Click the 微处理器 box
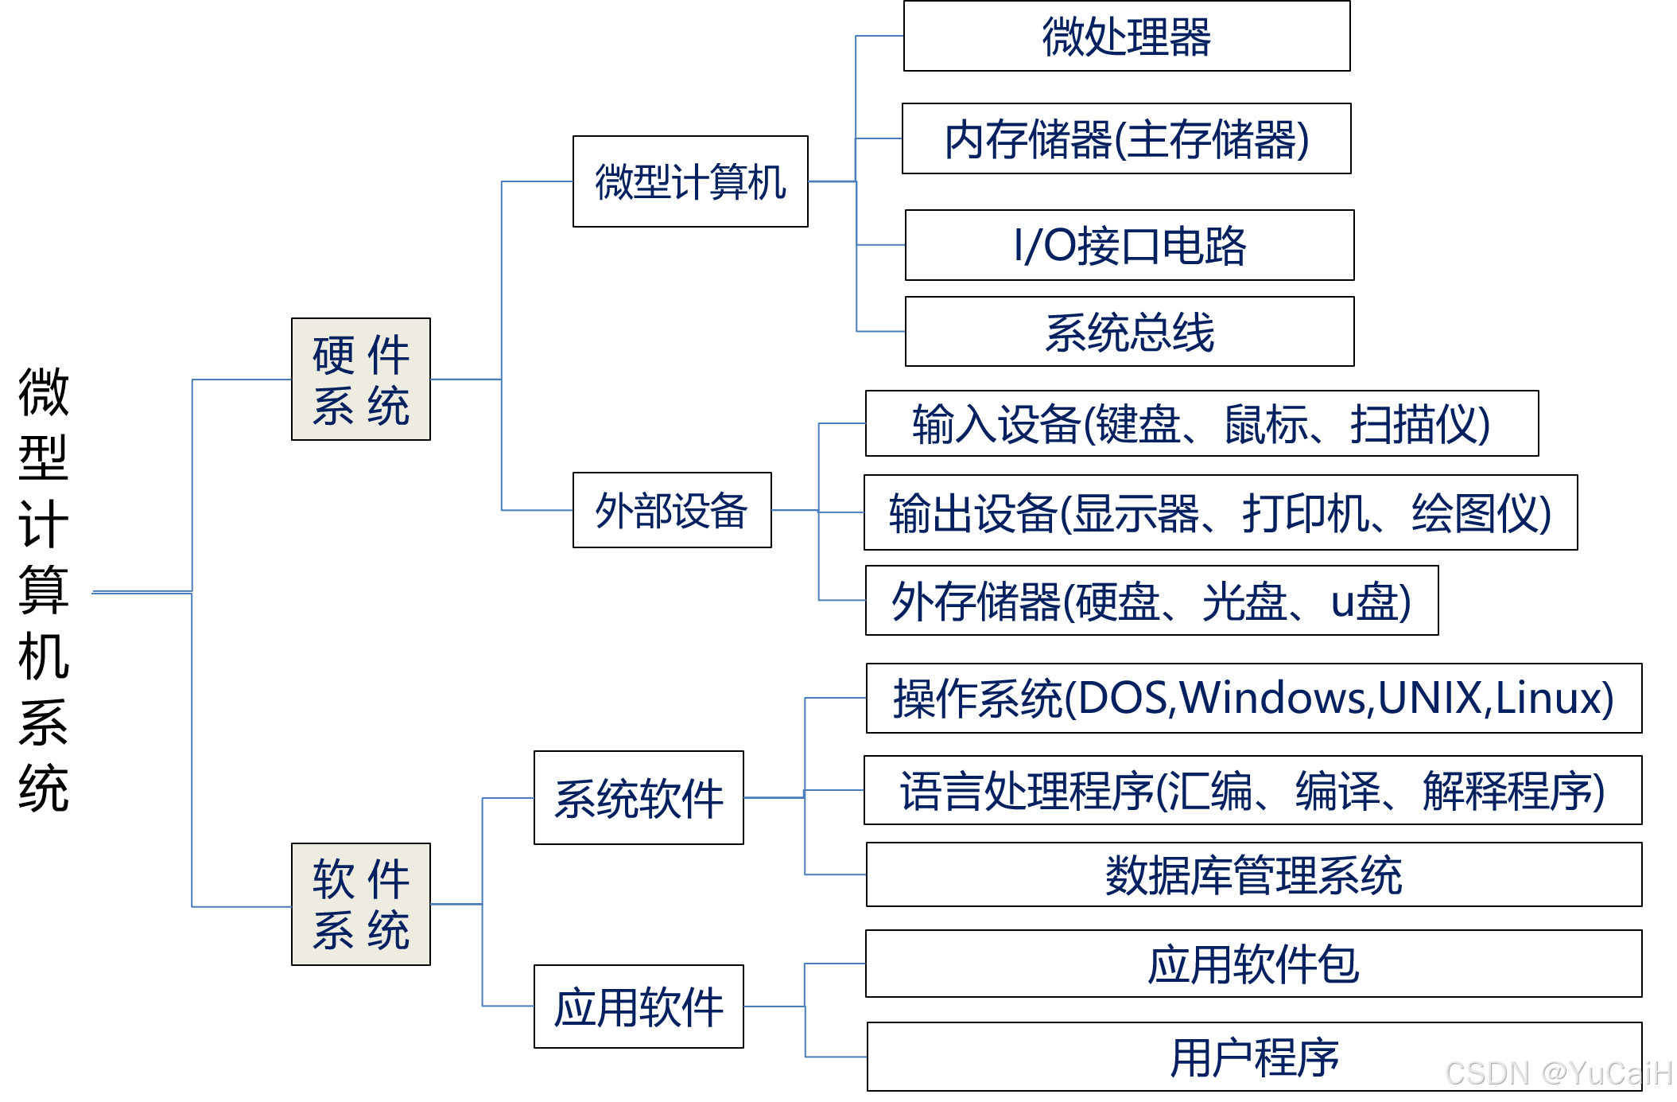click(x=1126, y=37)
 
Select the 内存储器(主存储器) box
click(x=1126, y=139)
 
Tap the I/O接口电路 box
click(x=1129, y=245)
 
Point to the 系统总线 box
click(x=1129, y=332)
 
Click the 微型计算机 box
click(x=690, y=181)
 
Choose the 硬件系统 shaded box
click(x=361, y=380)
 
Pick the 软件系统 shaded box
click(x=361, y=905)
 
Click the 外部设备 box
click(x=672, y=510)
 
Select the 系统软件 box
click(x=639, y=798)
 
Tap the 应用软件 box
click(x=639, y=1007)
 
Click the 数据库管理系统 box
click(x=1253, y=874)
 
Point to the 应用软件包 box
click(x=1253, y=964)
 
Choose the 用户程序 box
click(x=1253, y=1057)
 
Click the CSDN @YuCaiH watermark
click(x=1559, y=1073)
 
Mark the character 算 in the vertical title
click(x=44, y=590)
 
